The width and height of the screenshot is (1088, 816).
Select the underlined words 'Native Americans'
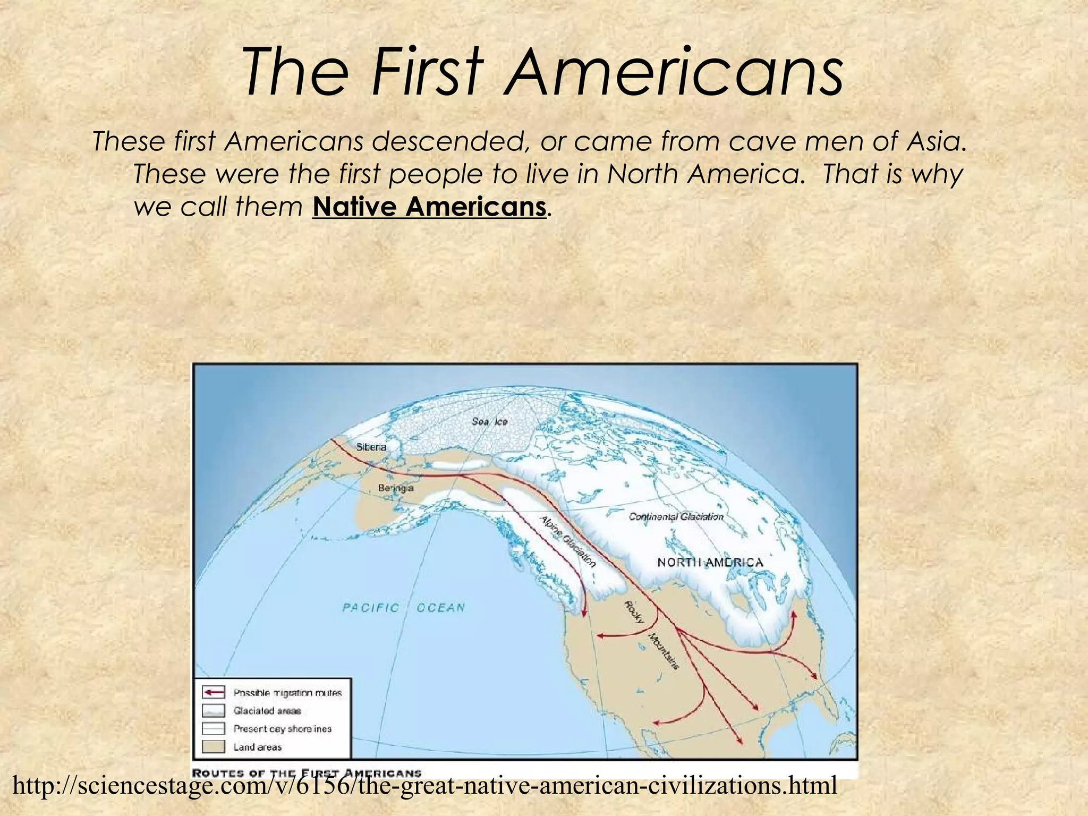point(429,207)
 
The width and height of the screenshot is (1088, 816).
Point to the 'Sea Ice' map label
point(490,421)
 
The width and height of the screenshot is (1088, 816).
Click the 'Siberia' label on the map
point(371,447)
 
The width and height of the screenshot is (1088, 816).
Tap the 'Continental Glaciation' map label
point(676,516)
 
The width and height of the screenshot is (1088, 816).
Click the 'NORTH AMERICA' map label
point(710,562)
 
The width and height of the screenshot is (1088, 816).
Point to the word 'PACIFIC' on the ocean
point(370,608)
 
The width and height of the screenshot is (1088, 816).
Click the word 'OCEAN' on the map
point(441,608)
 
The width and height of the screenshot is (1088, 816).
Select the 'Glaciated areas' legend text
point(267,711)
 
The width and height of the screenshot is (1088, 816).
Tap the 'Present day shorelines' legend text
point(282,729)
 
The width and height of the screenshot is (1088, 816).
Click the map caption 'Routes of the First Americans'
point(307,773)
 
